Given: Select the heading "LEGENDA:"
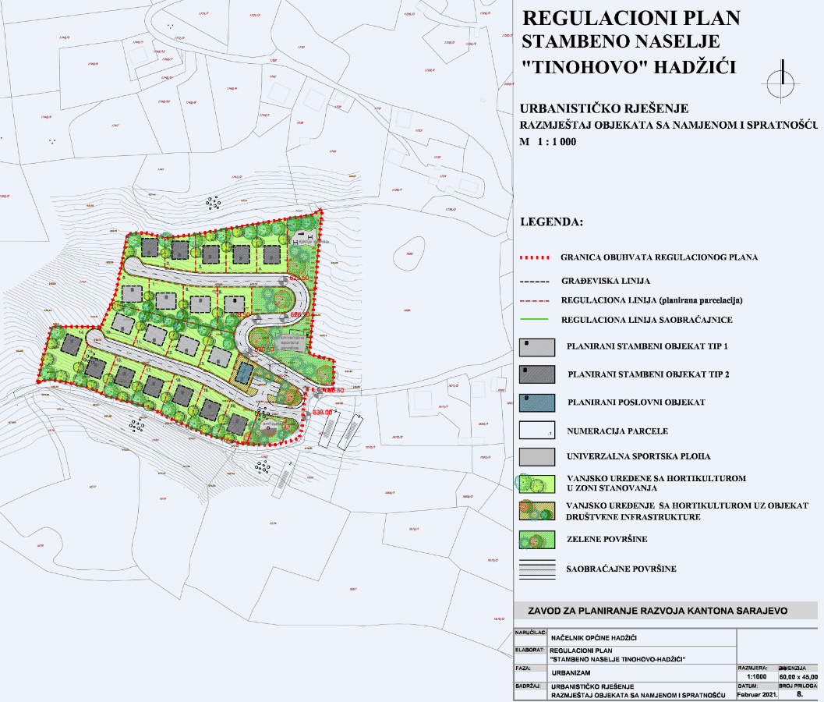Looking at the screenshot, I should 551,222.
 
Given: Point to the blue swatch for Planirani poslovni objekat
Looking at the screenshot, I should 536,402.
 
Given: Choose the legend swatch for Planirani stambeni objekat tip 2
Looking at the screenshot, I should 536,374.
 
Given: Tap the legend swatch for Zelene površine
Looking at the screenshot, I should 536,538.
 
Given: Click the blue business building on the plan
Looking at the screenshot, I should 245,373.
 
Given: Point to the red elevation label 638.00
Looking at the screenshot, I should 322,412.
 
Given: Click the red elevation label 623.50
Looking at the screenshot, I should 300,278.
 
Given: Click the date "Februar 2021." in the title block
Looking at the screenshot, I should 756,693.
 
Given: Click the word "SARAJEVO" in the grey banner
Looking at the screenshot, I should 752,610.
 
